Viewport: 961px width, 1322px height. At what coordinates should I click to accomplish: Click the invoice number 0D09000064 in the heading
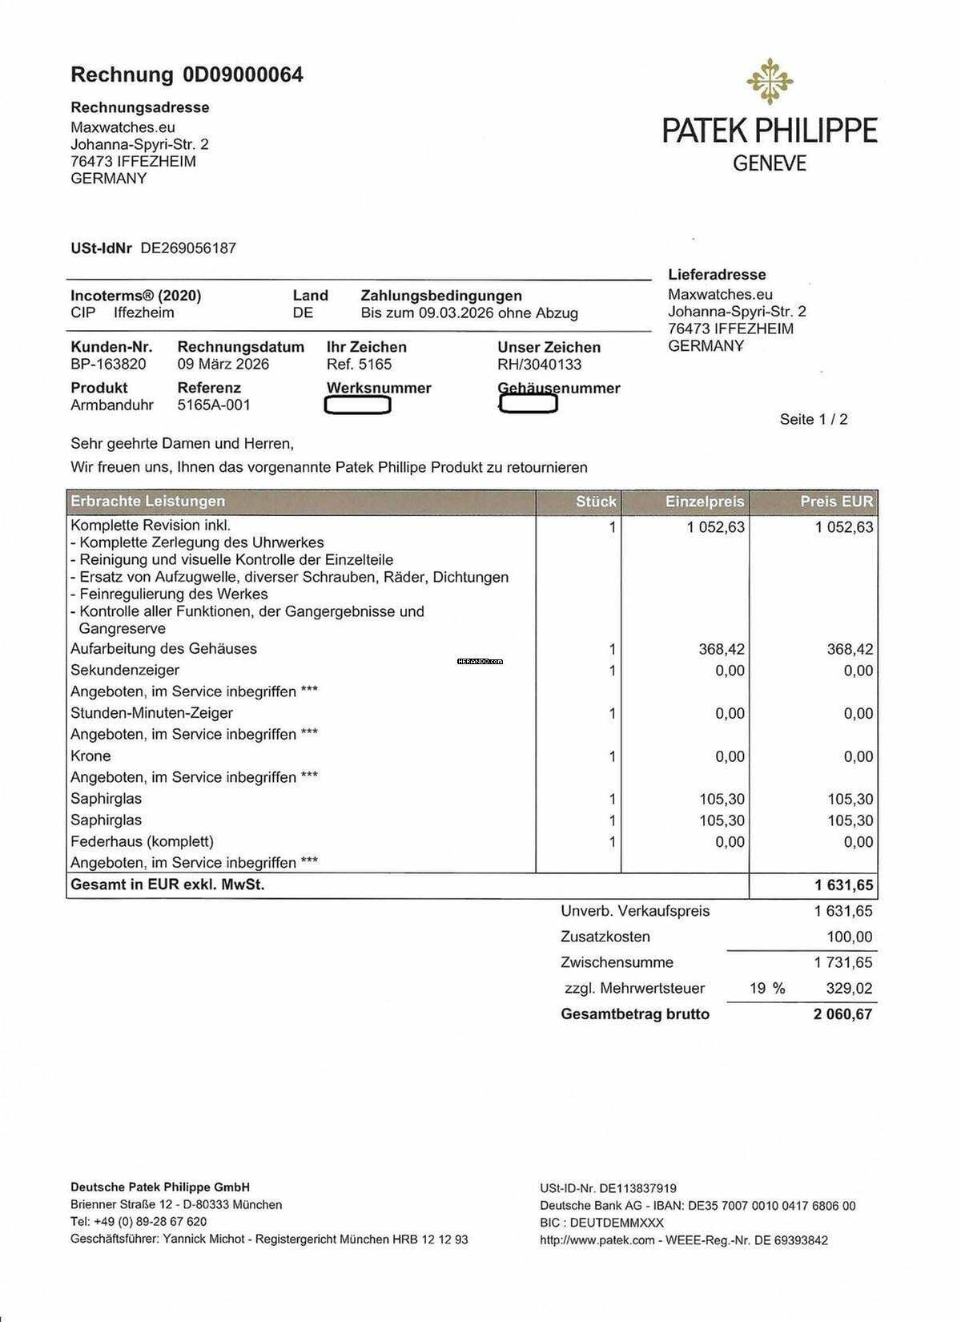click(243, 75)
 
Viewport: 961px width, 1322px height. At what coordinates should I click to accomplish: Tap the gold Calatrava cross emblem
click(770, 81)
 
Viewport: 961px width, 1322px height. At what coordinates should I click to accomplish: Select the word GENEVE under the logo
click(770, 163)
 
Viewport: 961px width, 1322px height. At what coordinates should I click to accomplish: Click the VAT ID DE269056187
click(188, 248)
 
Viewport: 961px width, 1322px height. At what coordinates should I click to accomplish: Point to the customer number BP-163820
click(108, 365)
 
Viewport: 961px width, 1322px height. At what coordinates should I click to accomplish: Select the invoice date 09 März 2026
click(223, 365)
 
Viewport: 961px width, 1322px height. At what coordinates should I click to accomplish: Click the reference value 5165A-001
click(214, 405)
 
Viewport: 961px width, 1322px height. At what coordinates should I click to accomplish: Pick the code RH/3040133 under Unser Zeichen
click(539, 365)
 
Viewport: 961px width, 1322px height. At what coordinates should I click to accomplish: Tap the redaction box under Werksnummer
click(357, 405)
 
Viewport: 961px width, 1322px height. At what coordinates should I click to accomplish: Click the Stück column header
click(596, 502)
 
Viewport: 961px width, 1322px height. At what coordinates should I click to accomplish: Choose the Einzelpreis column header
click(705, 502)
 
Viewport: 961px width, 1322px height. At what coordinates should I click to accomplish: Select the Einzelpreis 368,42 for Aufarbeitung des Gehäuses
click(722, 649)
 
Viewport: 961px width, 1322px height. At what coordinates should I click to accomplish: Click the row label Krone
click(90, 756)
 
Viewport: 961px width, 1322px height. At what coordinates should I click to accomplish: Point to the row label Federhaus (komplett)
click(142, 842)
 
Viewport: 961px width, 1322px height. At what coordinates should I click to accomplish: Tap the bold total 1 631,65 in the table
click(844, 886)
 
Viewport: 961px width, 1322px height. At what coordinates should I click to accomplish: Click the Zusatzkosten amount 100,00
click(850, 937)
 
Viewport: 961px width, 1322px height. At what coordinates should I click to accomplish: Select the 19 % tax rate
click(767, 989)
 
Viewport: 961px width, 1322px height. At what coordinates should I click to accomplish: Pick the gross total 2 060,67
click(842, 1014)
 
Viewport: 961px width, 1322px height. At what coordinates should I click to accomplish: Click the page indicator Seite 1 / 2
click(814, 419)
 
